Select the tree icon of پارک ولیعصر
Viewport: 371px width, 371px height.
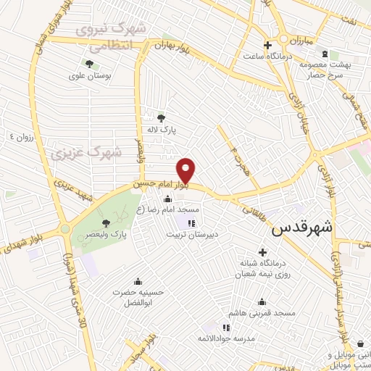(x=107, y=223)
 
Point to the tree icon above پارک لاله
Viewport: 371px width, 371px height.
(x=161, y=117)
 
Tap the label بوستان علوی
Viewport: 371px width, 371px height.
(x=87, y=75)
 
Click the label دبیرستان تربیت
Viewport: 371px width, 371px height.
(x=192, y=234)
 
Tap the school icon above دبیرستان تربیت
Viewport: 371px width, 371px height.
(x=191, y=222)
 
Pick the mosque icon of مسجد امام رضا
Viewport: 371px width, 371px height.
(x=169, y=199)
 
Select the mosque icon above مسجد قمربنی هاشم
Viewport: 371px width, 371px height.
(x=262, y=301)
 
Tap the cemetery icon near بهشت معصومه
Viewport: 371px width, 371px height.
(x=324, y=54)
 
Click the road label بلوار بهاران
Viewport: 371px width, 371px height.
(x=172, y=46)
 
